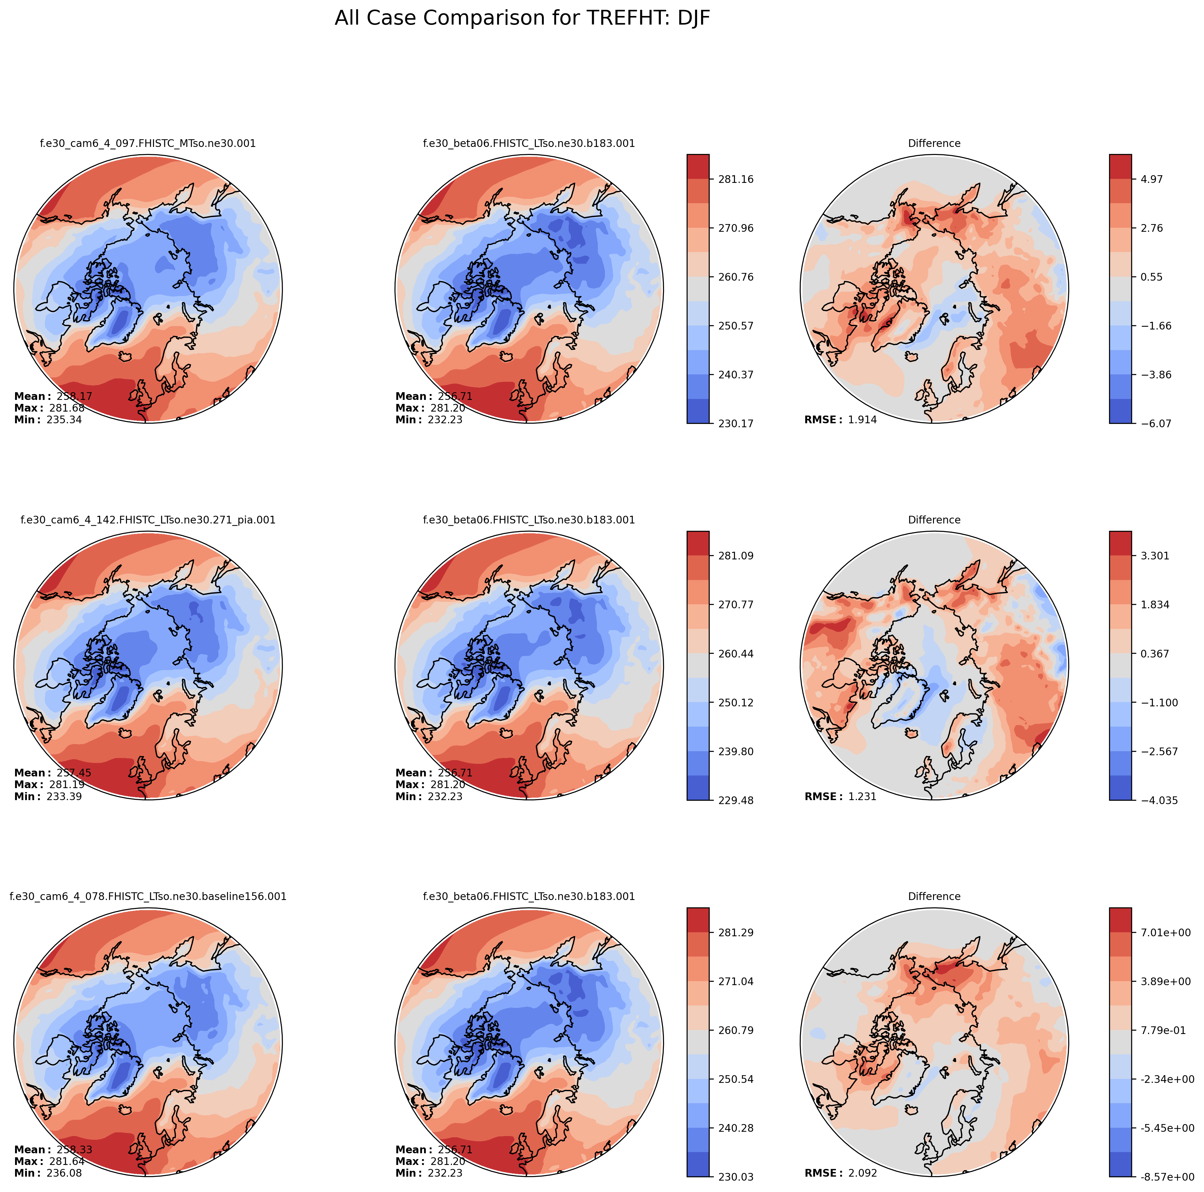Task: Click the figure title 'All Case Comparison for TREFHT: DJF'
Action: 522,18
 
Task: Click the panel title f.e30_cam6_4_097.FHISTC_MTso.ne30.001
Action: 148,143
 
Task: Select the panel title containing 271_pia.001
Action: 148,520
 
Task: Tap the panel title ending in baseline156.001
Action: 148,897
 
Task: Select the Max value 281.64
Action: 67,1162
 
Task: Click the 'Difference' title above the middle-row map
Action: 934,520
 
